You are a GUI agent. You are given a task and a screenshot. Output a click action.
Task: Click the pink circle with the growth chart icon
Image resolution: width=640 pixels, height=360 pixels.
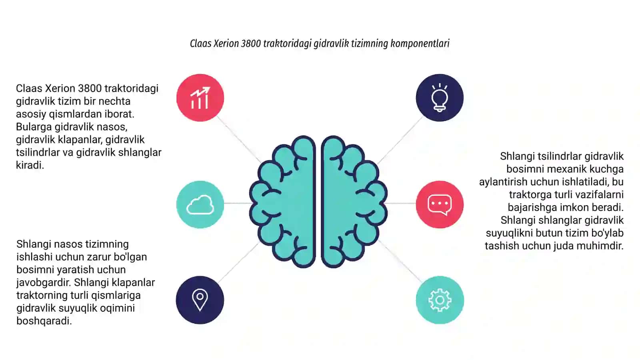point(200,98)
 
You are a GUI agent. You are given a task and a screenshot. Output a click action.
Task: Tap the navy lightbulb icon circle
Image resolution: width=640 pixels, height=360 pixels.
point(440,98)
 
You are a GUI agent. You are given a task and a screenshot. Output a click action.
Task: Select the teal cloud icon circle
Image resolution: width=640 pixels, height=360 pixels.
point(200,204)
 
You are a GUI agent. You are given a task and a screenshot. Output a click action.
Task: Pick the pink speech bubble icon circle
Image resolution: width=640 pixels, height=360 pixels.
point(440,204)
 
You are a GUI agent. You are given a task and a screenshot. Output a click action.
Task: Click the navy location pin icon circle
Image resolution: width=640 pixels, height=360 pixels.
point(200,300)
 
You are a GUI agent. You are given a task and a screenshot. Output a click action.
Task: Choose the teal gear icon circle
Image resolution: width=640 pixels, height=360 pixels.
point(440,300)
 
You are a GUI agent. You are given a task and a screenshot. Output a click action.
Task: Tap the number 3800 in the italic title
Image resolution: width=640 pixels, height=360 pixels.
point(251,44)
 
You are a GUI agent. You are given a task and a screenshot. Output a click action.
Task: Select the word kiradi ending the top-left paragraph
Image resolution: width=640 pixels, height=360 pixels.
point(30,165)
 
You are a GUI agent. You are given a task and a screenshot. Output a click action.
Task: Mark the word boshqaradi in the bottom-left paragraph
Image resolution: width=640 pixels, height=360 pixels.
point(44,321)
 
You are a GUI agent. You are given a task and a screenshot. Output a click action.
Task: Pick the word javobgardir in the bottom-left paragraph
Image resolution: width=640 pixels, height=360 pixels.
point(44,282)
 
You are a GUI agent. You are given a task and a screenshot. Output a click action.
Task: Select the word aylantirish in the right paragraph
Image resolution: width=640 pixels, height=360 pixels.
point(503,182)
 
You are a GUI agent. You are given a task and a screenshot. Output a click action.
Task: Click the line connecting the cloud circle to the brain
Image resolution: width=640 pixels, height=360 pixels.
point(237,203)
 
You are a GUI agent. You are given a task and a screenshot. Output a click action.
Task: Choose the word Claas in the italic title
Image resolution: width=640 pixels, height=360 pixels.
point(200,44)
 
